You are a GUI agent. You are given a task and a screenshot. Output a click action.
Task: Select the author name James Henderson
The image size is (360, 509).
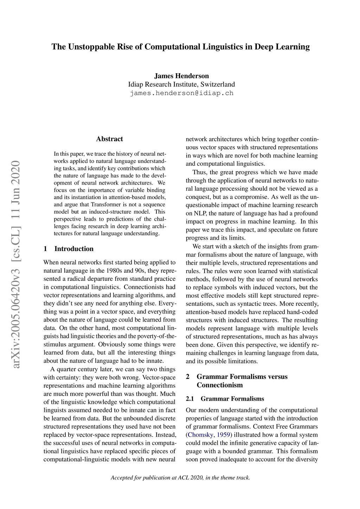pyautogui.click(x=181, y=76)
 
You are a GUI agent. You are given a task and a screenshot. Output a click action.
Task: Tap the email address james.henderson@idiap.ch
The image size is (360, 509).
pyautogui.click(x=181, y=93)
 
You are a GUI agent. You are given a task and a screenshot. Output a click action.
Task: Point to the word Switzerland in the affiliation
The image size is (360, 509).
pyautogui.click(x=218, y=84)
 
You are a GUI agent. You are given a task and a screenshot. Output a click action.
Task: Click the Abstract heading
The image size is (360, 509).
pyautogui.click(x=109, y=139)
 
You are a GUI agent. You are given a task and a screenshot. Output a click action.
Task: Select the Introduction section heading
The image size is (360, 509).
pyautogui.click(x=74, y=249)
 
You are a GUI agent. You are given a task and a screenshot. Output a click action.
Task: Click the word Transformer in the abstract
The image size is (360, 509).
pyautogui.click(x=106, y=205)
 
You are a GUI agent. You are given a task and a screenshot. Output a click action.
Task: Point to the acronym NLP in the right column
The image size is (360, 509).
pyautogui.click(x=200, y=213)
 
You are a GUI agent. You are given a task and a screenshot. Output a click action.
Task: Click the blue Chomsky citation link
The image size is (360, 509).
pyautogui.click(x=200, y=435)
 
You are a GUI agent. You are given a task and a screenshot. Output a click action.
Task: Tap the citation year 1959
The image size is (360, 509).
pyautogui.click(x=224, y=435)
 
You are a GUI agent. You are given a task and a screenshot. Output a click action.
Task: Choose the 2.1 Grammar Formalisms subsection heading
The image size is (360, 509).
pyautogui.click(x=225, y=399)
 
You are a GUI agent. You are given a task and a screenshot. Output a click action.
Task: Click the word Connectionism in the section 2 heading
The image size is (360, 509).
pyautogui.click(x=220, y=385)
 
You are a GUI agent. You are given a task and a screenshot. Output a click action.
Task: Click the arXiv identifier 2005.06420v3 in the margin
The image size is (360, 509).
pyautogui.click(x=16, y=318)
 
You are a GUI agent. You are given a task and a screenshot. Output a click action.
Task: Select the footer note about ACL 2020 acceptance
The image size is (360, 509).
pyautogui.click(x=180, y=477)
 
